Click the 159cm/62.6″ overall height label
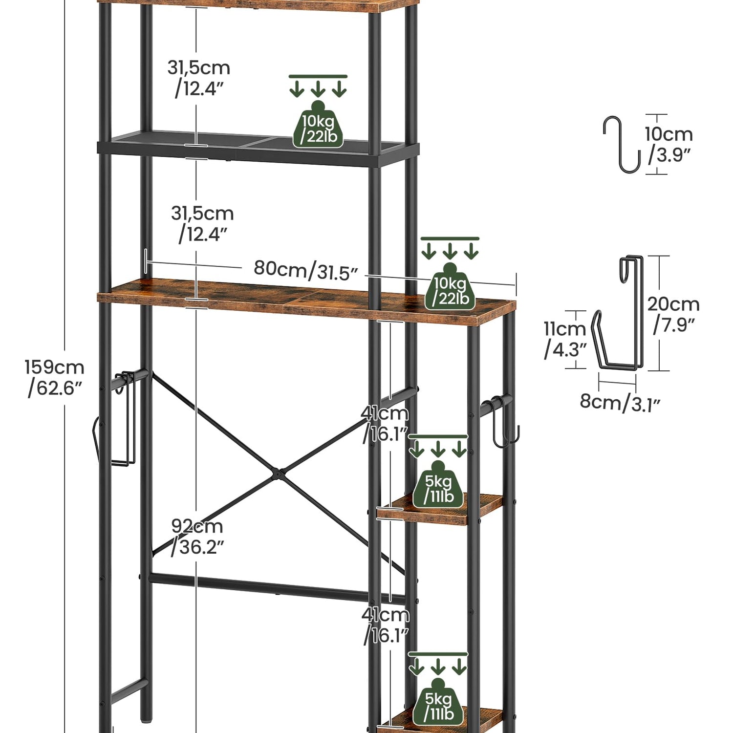click(x=54, y=377)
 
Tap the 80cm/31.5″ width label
click(x=306, y=270)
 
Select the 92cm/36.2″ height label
click(x=197, y=537)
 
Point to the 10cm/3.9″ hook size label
click(x=668, y=144)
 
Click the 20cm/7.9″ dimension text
click(x=673, y=314)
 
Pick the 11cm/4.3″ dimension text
click(x=565, y=339)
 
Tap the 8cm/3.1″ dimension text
click(x=620, y=403)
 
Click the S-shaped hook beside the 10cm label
click(x=621, y=145)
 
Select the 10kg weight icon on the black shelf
click(x=318, y=126)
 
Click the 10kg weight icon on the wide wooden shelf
click(x=450, y=288)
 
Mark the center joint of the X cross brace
click(x=277, y=473)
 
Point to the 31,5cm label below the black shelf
click(x=202, y=224)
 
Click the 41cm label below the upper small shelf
click(x=386, y=625)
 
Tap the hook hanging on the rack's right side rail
click(x=503, y=423)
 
